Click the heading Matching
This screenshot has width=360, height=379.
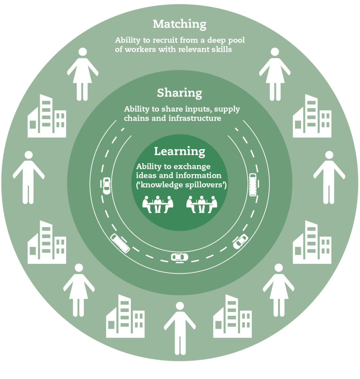point(179,24)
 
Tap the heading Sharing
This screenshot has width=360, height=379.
point(179,93)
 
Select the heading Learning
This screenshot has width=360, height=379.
point(179,152)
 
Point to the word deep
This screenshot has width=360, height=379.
point(217,40)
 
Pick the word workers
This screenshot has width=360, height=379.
point(141,50)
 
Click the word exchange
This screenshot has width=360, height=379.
point(192,166)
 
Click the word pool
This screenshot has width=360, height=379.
point(236,40)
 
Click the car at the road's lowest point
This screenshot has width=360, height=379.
point(179,257)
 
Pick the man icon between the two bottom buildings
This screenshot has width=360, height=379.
point(180,328)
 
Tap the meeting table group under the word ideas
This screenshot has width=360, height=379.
point(158,204)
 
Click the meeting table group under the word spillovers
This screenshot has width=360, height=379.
point(202,204)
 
